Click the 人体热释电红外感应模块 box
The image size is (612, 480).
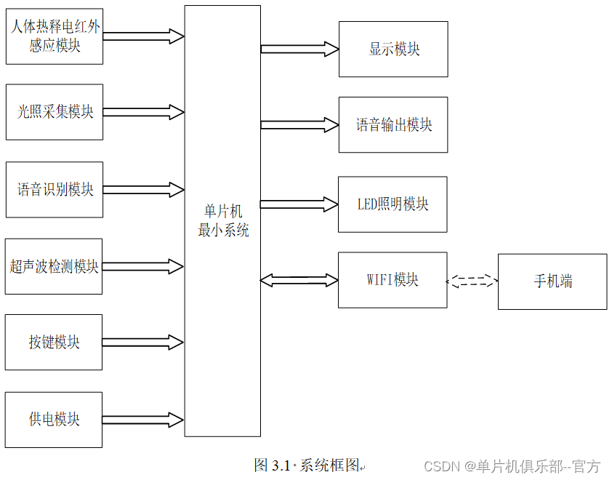[x=55, y=36]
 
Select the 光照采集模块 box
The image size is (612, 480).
[x=55, y=112]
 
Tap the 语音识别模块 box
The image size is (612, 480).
[x=55, y=190]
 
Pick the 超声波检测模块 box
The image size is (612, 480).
[x=54, y=266]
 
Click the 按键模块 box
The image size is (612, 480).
[x=54, y=342]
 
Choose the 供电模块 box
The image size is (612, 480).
[x=54, y=420]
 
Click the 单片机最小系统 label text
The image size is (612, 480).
[x=223, y=220]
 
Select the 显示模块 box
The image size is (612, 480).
[x=393, y=49]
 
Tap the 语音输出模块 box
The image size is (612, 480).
[x=393, y=125]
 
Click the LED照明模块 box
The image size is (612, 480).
[x=392, y=204]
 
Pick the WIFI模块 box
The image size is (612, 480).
[x=392, y=280]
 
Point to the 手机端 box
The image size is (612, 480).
[x=552, y=281]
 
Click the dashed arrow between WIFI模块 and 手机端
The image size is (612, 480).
[x=472, y=281]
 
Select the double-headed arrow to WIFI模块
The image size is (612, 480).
[x=299, y=280]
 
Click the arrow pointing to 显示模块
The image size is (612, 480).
[x=299, y=49]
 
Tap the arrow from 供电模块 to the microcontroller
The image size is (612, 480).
[x=143, y=420]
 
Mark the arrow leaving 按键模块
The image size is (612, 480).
[x=143, y=342]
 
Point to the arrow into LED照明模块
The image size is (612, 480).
[x=299, y=204]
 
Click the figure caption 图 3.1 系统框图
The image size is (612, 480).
[x=309, y=465]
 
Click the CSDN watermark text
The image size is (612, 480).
[x=512, y=466]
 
